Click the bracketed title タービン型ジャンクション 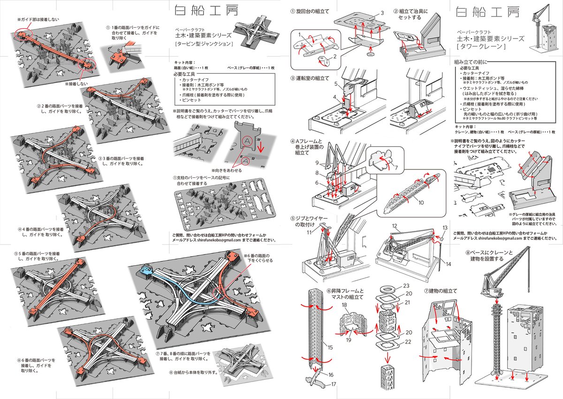(204, 44)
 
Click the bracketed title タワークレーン (483, 48)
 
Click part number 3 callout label (382, 13)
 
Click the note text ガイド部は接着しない (38, 20)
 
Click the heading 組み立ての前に (471, 61)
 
